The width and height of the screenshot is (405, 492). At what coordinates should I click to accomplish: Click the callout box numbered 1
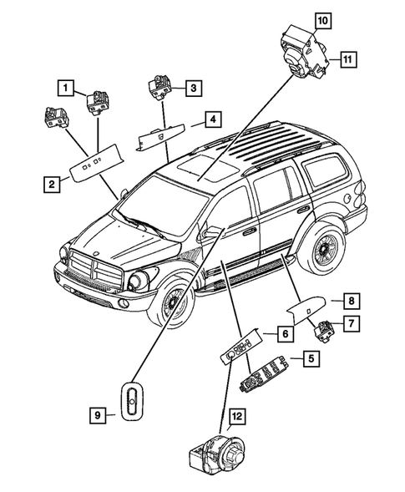point(64,85)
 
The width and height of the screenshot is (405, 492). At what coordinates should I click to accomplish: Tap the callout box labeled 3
point(192,86)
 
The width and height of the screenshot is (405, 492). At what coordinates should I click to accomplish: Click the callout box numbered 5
point(309,360)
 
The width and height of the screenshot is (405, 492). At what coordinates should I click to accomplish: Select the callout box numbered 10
point(321,18)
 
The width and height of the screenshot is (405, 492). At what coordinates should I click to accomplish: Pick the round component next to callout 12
point(215,455)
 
